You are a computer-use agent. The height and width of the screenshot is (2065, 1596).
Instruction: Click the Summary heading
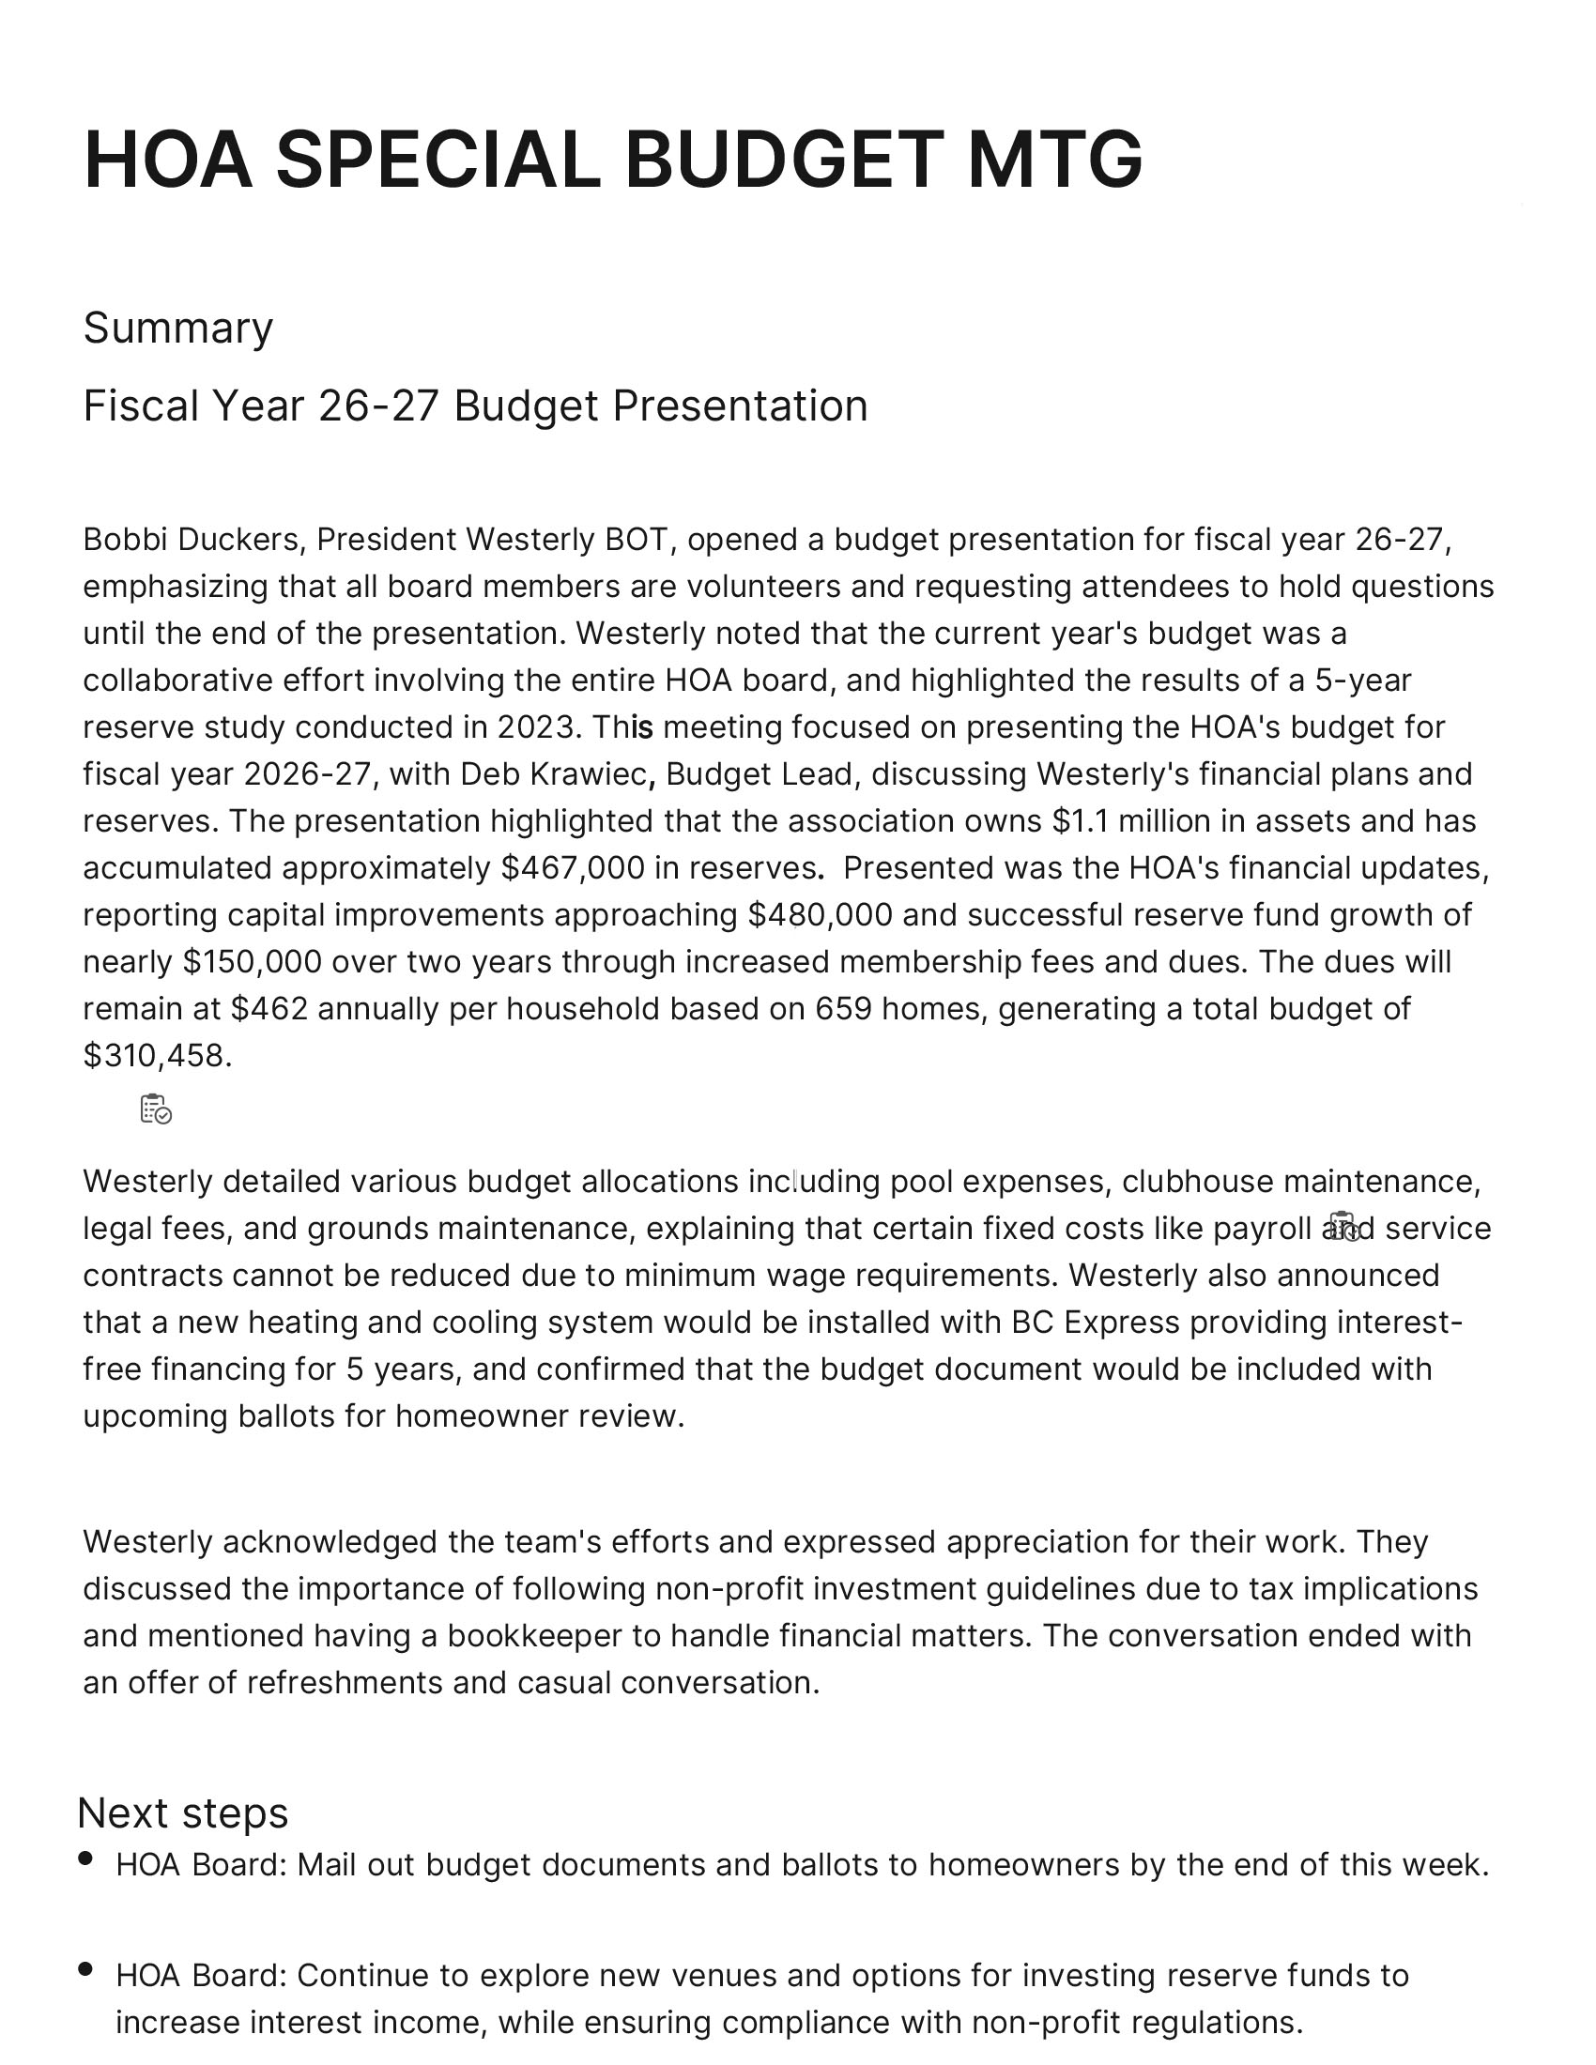coord(177,329)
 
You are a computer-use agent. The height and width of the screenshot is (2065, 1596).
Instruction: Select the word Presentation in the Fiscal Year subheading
coord(740,405)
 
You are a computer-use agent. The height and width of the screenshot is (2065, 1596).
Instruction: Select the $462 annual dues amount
coord(269,1009)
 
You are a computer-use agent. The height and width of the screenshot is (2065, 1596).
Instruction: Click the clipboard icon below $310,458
coord(156,1109)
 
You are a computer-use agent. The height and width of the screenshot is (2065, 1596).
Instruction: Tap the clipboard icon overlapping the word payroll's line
coord(1343,1227)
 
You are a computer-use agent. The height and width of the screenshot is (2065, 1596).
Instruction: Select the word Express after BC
coord(1121,1322)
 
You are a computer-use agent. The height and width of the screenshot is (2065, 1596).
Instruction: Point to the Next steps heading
coord(182,1813)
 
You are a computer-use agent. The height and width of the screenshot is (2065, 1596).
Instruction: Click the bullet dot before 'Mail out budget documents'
coord(86,1858)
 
